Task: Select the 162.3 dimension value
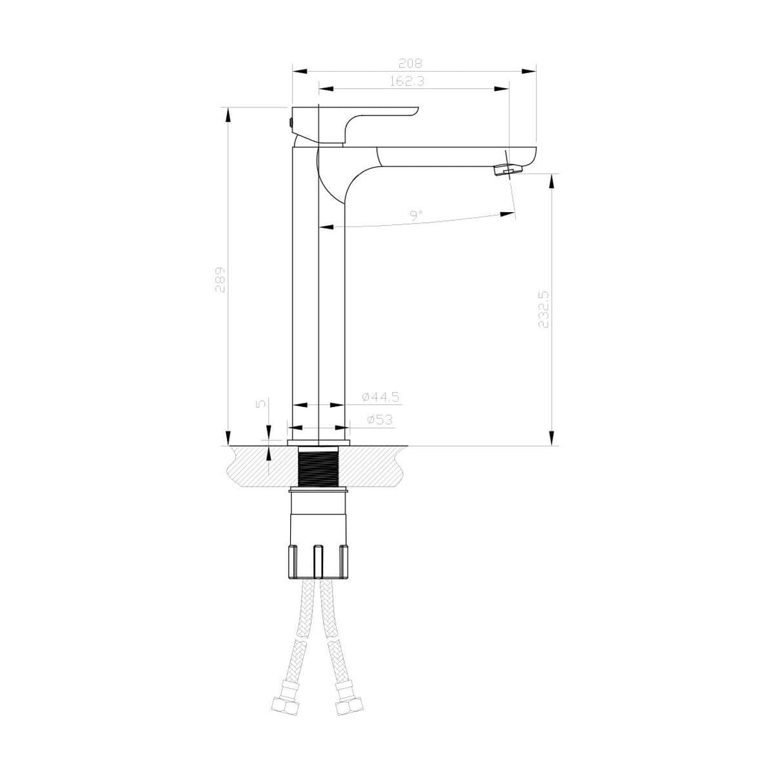[407, 82]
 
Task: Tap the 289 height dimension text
[221, 279]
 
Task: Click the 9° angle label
[416, 214]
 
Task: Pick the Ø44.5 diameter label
[380, 397]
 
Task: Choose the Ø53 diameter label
[380, 420]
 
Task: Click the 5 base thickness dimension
[262, 403]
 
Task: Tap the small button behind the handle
[290, 122]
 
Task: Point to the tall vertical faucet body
[318, 301]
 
